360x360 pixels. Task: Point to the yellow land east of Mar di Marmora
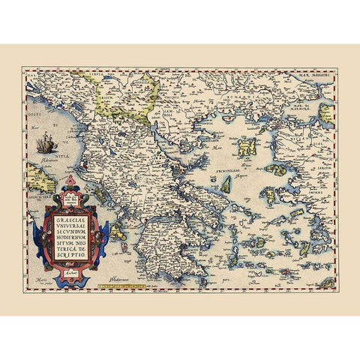tap(326, 112)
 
